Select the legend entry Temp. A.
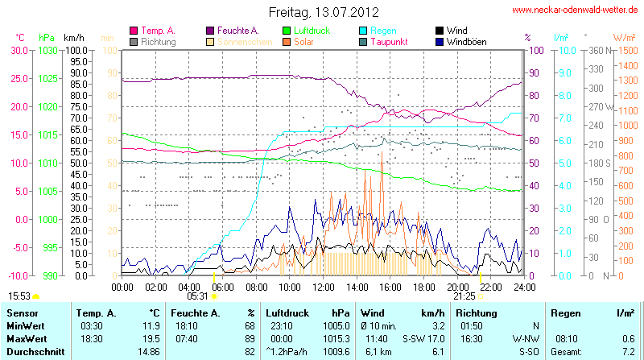click(x=156, y=30)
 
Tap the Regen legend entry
click(x=382, y=30)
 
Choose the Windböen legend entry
click(x=466, y=41)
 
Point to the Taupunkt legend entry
click(x=391, y=41)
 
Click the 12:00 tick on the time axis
click(x=323, y=286)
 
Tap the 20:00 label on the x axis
click(x=457, y=286)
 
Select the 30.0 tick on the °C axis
click(x=19, y=50)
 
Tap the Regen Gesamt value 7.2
click(x=629, y=352)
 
